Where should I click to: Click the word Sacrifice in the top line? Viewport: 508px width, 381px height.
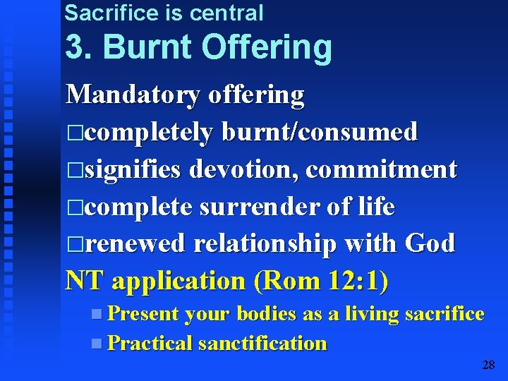tap(105, 12)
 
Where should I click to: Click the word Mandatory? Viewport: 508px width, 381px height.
tap(133, 95)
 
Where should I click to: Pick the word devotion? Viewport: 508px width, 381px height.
tap(243, 169)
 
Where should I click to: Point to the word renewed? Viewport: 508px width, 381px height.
tap(135, 243)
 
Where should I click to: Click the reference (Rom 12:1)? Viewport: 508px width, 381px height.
tap(322, 281)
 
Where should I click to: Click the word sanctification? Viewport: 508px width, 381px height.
tap(262, 344)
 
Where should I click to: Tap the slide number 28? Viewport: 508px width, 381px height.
tap(488, 365)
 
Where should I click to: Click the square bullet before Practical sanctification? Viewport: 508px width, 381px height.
tap(96, 344)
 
